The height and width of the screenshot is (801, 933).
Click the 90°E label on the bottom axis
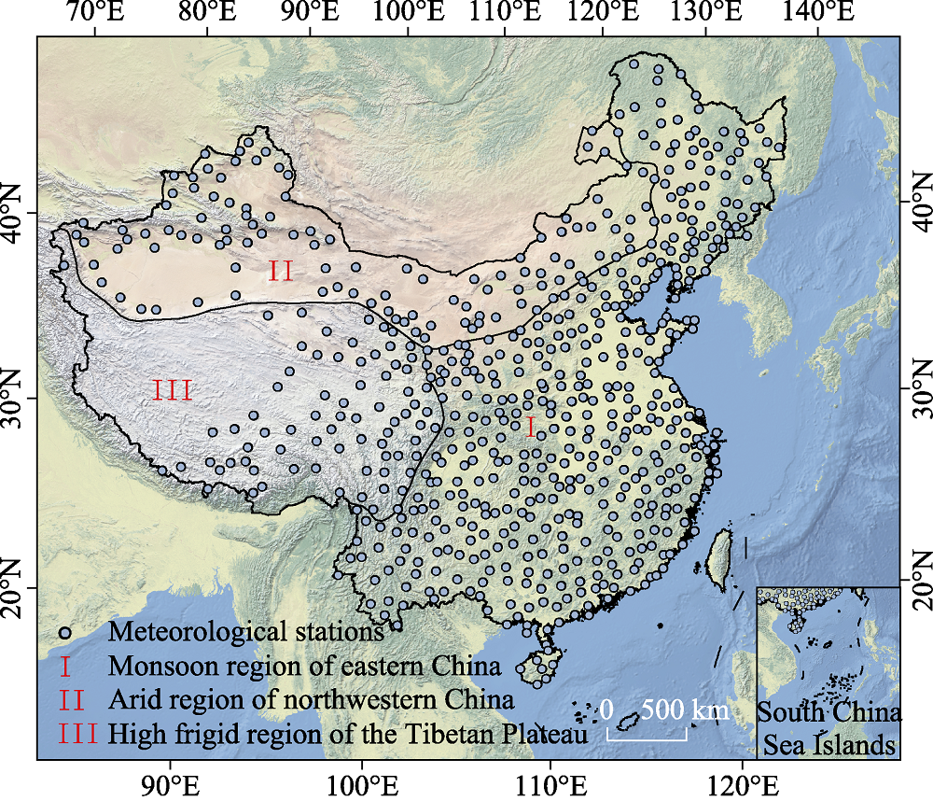click(x=169, y=780)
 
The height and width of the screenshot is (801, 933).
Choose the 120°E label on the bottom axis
click(x=742, y=780)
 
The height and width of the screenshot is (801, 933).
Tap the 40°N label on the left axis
click(x=17, y=211)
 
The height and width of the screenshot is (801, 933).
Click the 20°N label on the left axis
click(x=17, y=588)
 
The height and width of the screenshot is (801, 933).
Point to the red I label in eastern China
click(x=531, y=428)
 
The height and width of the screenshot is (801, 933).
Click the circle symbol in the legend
click(x=64, y=632)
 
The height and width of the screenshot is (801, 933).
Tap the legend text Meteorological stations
click(x=246, y=632)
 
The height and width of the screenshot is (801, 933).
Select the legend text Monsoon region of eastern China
click(x=305, y=667)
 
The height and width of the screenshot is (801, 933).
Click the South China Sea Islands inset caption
click(x=829, y=730)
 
